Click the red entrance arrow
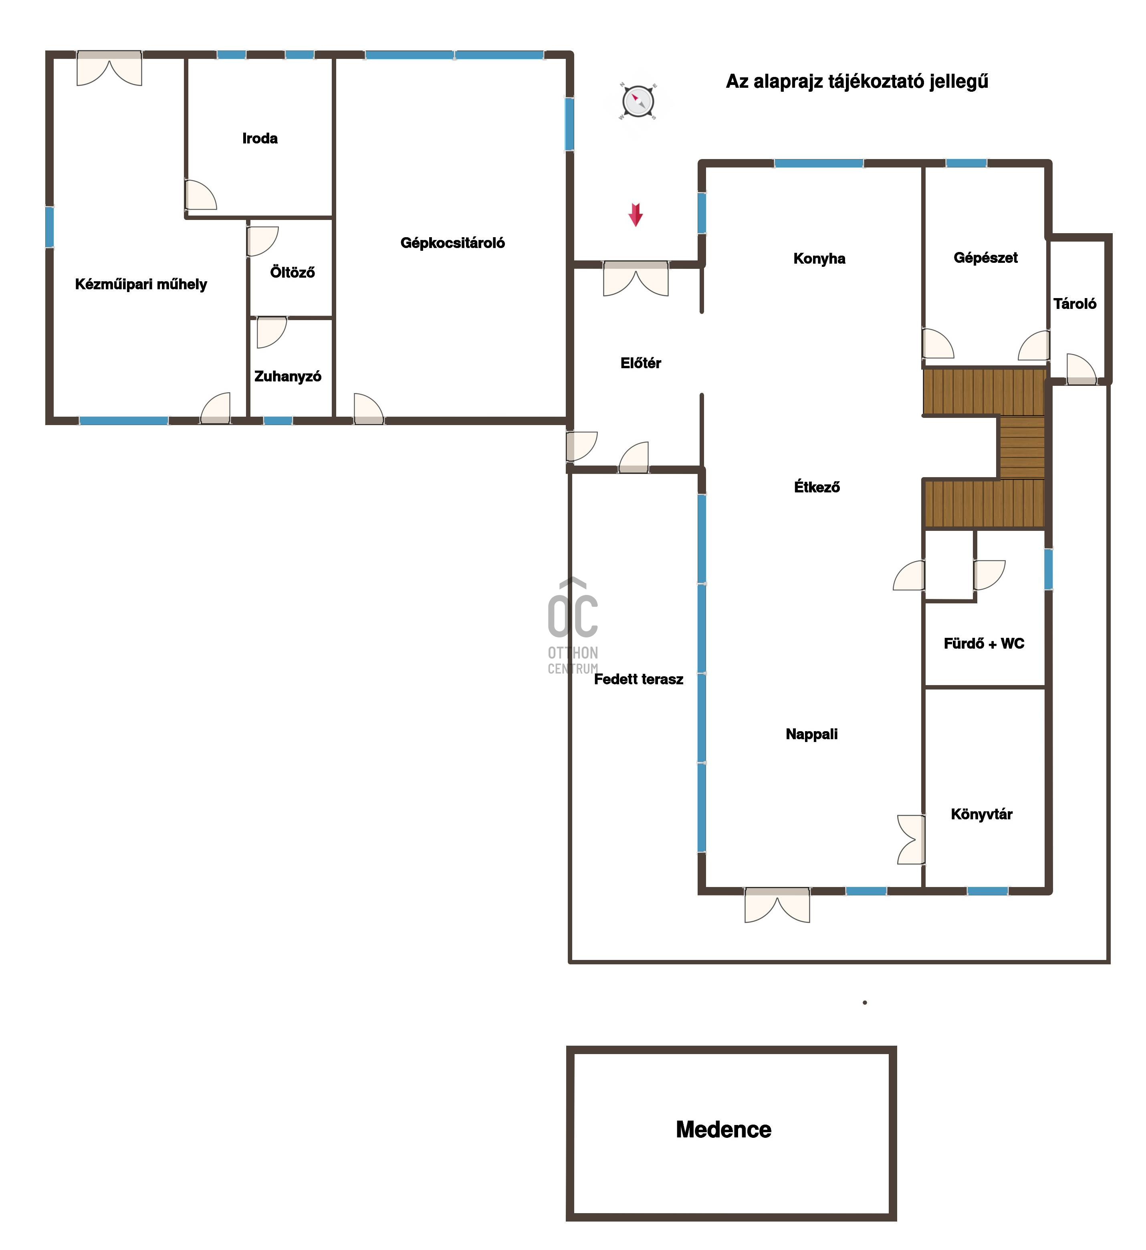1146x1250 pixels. pos(636,214)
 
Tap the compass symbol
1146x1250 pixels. pos(638,101)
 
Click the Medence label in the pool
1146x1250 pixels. pos(724,1130)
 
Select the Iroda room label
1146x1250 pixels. pos(260,138)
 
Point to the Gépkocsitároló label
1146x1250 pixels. pos(453,243)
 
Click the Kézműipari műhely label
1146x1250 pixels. pos(141,284)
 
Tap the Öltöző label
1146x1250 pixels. pos(293,272)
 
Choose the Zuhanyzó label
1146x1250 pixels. pos(288,376)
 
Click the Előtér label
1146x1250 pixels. pos(641,363)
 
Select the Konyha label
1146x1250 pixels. pos(819,258)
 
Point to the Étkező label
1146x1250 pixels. pos(817,487)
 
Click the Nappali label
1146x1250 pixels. pos(812,734)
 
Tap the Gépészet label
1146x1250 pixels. pos(985,258)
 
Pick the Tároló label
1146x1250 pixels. pos(1075,304)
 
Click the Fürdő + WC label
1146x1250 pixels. pos(984,643)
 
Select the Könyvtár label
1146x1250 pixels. pos(982,814)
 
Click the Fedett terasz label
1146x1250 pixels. pos(639,679)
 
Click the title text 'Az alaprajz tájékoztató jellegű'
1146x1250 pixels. pos(857,82)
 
